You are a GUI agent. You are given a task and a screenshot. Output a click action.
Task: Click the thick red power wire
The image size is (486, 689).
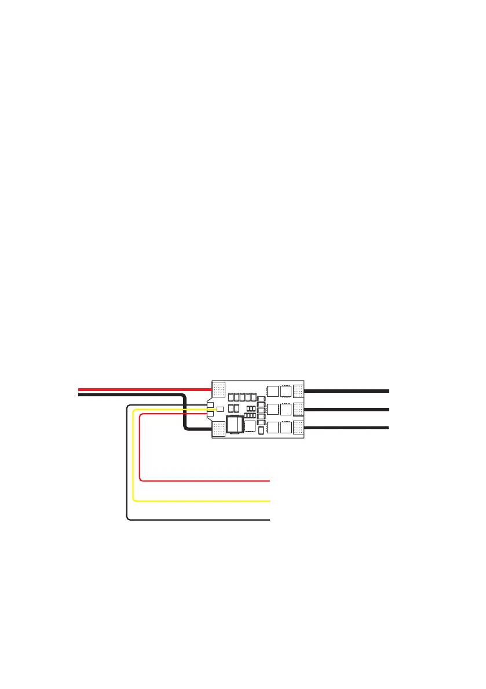(x=145, y=389)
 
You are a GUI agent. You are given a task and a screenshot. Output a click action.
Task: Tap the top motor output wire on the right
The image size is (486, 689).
(x=348, y=391)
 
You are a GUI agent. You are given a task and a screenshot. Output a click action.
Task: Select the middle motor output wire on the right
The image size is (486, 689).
(x=348, y=409)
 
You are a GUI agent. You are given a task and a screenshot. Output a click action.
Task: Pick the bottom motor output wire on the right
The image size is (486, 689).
(x=348, y=428)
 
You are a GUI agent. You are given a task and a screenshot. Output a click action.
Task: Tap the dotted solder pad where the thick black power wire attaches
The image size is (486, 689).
(x=219, y=429)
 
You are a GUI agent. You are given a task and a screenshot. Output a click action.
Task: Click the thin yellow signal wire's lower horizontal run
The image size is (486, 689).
(x=203, y=500)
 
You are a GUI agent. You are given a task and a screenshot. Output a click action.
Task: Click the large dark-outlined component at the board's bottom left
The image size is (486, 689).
(x=234, y=425)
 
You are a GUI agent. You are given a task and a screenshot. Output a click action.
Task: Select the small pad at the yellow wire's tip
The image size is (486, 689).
(x=220, y=410)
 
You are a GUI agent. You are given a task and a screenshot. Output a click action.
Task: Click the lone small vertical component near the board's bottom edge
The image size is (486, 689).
(x=261, y=430)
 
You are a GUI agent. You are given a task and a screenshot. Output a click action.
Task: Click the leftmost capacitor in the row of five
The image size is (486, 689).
(x=231, y=397)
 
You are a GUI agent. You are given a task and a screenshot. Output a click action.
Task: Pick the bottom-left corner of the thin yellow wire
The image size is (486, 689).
(x=134, y=499)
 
